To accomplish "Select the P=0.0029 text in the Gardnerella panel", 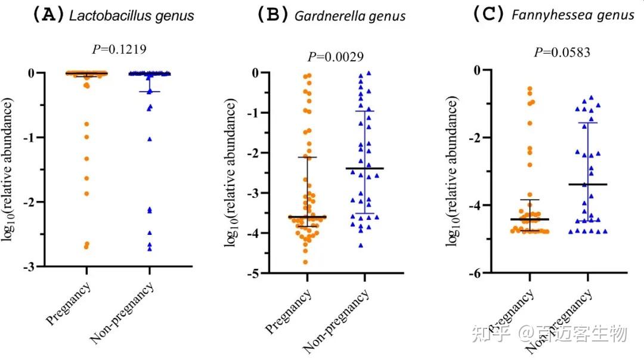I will [x=336, y=57].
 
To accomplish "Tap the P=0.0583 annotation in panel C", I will [x=562, y=52].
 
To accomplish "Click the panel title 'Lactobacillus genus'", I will [x=132, y=15].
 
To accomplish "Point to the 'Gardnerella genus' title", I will [x=350, y=15].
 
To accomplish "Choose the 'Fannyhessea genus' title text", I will [x=573, y=15].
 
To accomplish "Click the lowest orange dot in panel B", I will [x=306, y=262].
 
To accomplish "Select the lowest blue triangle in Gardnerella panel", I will [x=360, y=245].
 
